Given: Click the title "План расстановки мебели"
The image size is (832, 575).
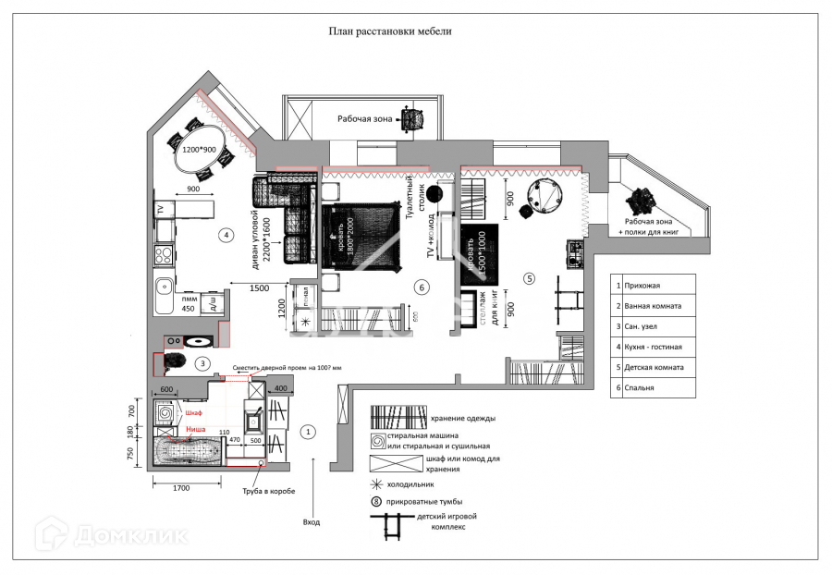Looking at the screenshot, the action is pyautogui.click(x=390, y=31).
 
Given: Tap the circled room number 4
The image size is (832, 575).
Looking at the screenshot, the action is pyautogui.click(x=226, y=235).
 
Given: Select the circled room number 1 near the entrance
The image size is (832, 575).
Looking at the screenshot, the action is pyautogui.click(x=310, y=431).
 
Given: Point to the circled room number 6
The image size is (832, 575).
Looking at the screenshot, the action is pyautogui.click(x=421, y=287).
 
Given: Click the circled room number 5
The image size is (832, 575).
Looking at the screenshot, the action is pyautogui.click(x=529, y=277).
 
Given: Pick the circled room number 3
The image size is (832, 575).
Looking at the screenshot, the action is pyautogui.click(x=202, y=363).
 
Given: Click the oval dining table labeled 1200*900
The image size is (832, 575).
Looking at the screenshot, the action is pyautogui.click(x=198, y=156).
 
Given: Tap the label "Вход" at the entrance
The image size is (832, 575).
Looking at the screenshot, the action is pyautogui.click(x=312, y=522).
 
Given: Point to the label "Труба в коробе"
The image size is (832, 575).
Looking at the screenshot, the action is pyautogui.click(x=268, y=491).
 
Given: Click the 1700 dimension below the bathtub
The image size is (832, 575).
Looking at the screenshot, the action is pyautogui.click(x=181, y=486).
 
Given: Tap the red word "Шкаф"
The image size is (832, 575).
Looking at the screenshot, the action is pyautogui.click(x=193, y=412).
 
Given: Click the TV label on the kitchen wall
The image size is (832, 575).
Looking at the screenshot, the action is pyautogui.click(x=159, y=209).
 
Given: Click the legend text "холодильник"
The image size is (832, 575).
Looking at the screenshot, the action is pyautogui.click(x=410, y=483).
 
